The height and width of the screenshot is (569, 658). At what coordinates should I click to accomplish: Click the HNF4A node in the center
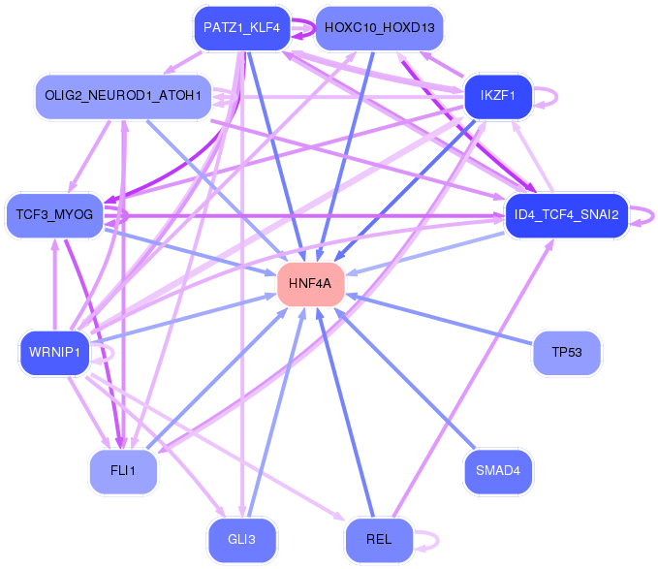point(310,284)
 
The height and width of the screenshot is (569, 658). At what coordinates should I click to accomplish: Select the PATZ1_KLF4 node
point(242,28)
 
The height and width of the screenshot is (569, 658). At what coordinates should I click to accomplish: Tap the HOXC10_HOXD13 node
point(379,28)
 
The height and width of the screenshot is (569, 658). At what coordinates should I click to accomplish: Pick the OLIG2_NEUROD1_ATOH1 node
point(123,97)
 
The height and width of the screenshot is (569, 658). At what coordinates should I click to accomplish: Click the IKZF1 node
point(498,97)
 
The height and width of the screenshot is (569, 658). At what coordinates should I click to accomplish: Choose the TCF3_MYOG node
point(54,215)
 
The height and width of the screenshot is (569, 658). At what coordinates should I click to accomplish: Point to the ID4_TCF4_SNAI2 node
point(567,215)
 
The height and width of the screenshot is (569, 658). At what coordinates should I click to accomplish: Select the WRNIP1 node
point(54,353)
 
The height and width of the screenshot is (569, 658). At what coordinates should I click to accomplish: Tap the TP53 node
point(567,353)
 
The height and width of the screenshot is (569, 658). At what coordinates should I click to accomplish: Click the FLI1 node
point(123,471)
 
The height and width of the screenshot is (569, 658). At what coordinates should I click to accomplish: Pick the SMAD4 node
point(498,471)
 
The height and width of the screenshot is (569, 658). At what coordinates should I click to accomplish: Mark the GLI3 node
point(242,540)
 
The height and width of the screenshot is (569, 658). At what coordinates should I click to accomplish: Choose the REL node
point(379,540)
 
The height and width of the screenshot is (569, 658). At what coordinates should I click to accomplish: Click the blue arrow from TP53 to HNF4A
point(439,320)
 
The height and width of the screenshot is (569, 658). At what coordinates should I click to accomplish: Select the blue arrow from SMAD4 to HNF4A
point(405,378)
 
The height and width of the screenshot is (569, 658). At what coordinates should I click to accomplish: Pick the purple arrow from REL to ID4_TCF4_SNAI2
point(473,378)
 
